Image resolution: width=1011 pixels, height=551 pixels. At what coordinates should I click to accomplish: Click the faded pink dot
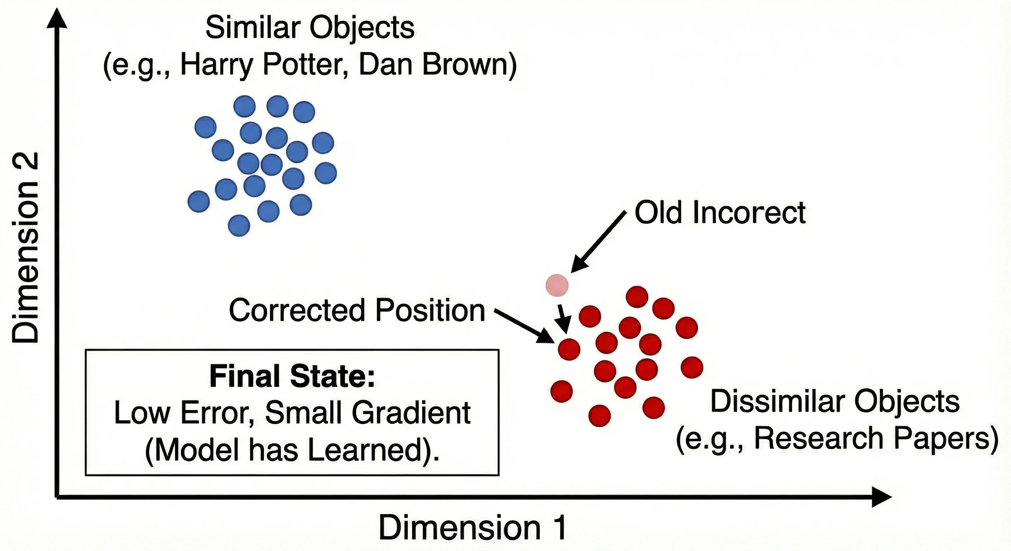(x=557, y=285)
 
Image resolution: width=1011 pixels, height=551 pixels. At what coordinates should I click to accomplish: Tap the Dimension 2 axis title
(x=25, y=248)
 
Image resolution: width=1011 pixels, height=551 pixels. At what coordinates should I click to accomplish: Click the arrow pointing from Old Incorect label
(x=598, y=241)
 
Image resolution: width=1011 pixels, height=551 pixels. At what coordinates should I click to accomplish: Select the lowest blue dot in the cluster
(x=239, y=226)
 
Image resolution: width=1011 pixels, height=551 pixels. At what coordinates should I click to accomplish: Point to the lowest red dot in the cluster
(x=600, y=416)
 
